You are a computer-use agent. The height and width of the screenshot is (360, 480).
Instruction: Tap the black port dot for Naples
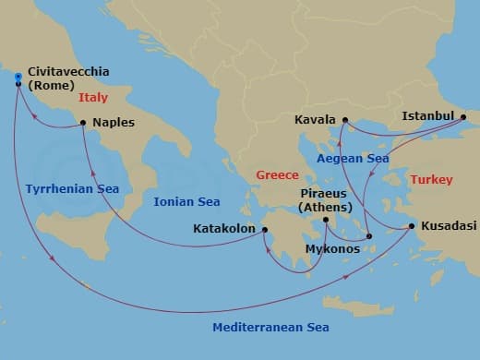[x=83, y=122]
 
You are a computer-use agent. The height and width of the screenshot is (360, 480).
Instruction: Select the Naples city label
[x=114, y=122]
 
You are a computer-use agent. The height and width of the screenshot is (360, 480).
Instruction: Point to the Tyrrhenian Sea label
[x=72, y=189]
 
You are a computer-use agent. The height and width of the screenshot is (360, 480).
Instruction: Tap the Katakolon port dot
[x=264, y=229]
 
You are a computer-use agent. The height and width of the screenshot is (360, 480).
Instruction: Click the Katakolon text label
[x=225, y=229]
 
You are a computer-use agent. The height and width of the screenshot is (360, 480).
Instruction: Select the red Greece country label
[x=278, y=175]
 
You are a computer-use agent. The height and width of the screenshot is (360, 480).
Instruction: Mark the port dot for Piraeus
[x=326, y=220]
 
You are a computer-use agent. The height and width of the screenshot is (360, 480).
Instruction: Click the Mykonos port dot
[x=368, y=236]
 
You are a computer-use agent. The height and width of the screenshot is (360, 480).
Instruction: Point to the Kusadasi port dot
[x=411, y=226]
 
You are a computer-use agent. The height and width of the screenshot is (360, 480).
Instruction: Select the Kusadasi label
[x=448, y=226]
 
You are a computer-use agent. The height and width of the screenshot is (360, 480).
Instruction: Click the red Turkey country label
[x=431, y=179]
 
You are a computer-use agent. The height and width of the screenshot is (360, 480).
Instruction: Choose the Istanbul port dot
[x=463, y=116]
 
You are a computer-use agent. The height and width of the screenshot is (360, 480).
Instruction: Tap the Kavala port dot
[x=343, y=120]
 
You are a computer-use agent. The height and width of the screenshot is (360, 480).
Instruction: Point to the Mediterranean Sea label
[x=270, y=328]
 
